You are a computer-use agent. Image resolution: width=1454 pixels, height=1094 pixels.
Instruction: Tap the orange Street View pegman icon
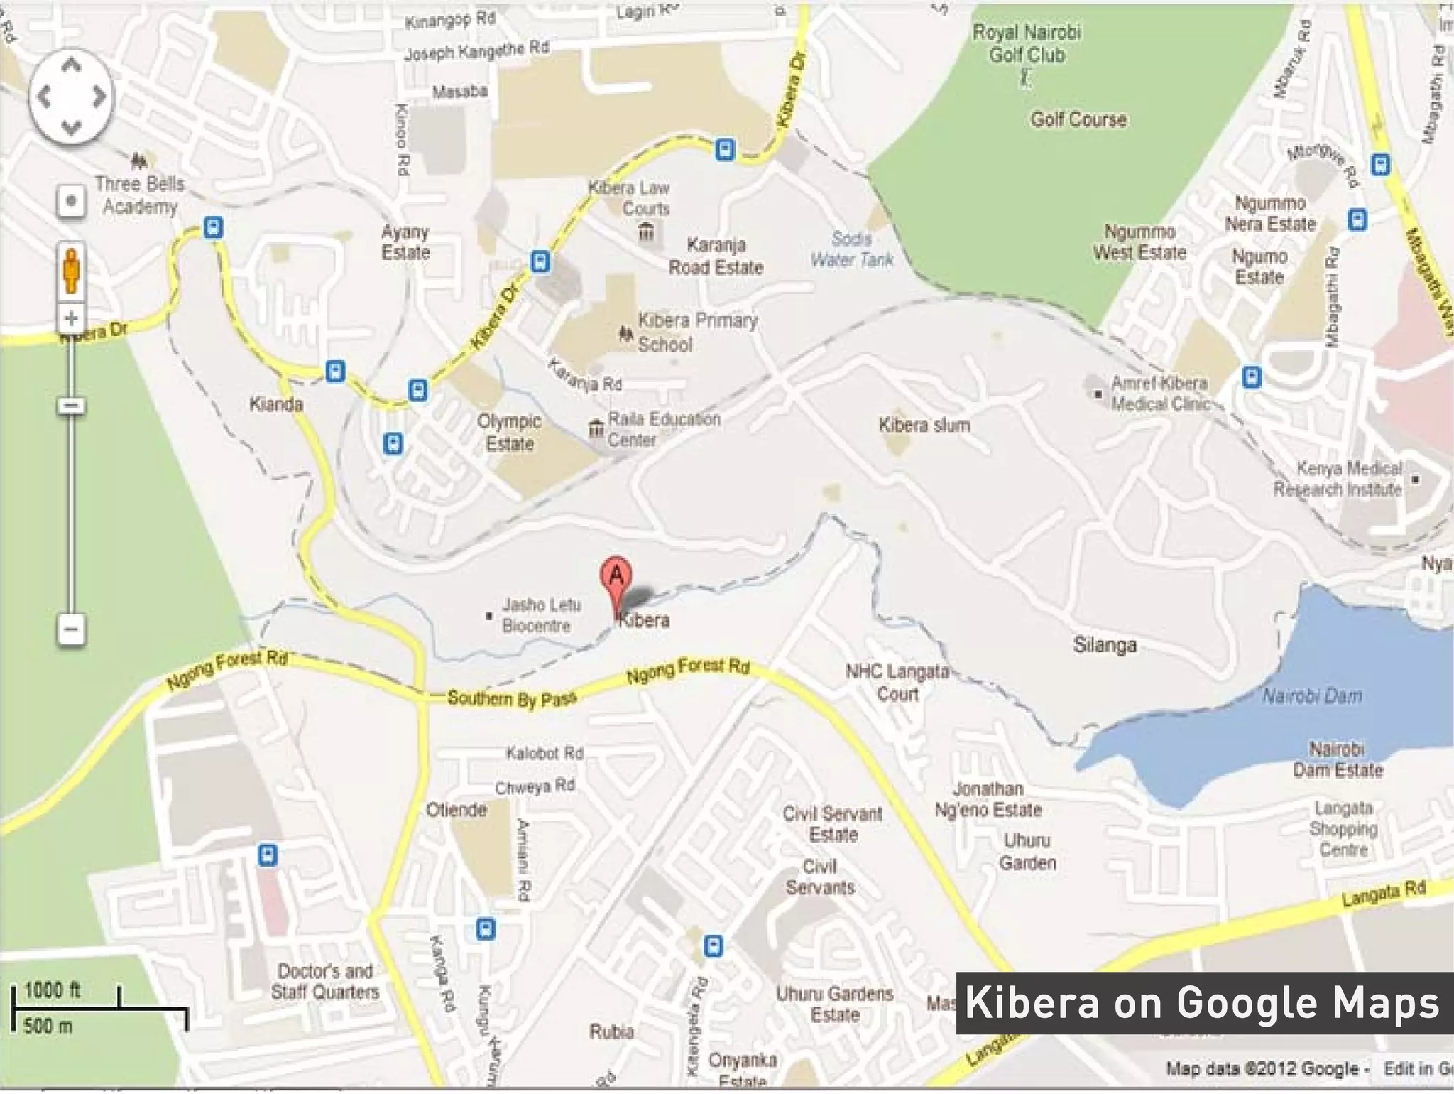(71, 270)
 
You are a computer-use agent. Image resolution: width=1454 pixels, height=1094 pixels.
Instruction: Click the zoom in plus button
(71, 318)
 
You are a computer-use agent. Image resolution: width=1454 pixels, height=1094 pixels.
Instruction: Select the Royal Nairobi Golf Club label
(1027, 43)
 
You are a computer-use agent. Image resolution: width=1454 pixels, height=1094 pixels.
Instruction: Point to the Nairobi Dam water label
(1311, 695)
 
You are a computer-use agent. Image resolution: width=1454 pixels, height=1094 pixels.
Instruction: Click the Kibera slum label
(924, 425)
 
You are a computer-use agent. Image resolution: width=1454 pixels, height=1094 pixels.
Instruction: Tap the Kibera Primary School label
(696, 332)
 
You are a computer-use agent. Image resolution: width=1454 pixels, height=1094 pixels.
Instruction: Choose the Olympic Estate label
(509, 432)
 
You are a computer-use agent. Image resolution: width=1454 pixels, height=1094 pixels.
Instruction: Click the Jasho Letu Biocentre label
(541, 615)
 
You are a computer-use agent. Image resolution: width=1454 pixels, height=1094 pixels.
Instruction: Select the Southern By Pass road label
(511, 698)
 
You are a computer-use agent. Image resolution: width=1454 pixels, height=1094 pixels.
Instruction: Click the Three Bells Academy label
(140, 195)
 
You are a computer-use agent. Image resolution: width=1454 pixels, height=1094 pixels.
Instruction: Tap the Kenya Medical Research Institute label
(1338, 479)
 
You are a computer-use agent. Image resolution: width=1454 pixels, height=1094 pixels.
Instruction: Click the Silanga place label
(1105, 645)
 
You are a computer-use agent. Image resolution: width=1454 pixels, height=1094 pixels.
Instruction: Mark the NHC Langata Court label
(897, 683)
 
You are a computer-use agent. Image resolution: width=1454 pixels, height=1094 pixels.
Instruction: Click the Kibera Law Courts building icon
(646, 232)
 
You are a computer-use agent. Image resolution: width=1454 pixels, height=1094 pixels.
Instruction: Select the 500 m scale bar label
(48, 1026)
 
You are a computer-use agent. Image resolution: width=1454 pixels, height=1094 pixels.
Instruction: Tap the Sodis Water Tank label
(852, 249)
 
